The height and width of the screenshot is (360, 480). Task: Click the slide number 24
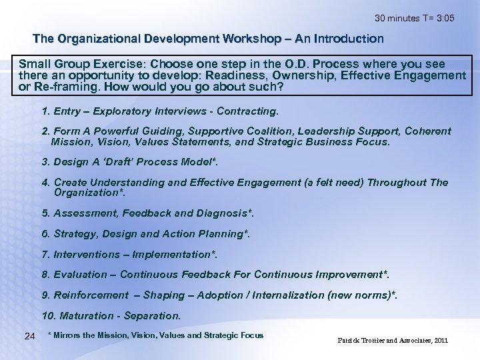pos(29,336)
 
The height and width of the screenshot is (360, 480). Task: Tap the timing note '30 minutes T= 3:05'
pos(415,18)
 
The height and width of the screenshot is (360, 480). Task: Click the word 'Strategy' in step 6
pos(75,233)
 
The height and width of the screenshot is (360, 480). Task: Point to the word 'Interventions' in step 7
pos(85,254)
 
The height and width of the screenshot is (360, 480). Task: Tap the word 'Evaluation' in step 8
pos(79,274)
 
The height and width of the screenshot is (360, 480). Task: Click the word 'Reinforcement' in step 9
pos(90,295)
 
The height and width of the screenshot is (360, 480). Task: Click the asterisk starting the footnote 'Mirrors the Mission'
pos(50,335)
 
